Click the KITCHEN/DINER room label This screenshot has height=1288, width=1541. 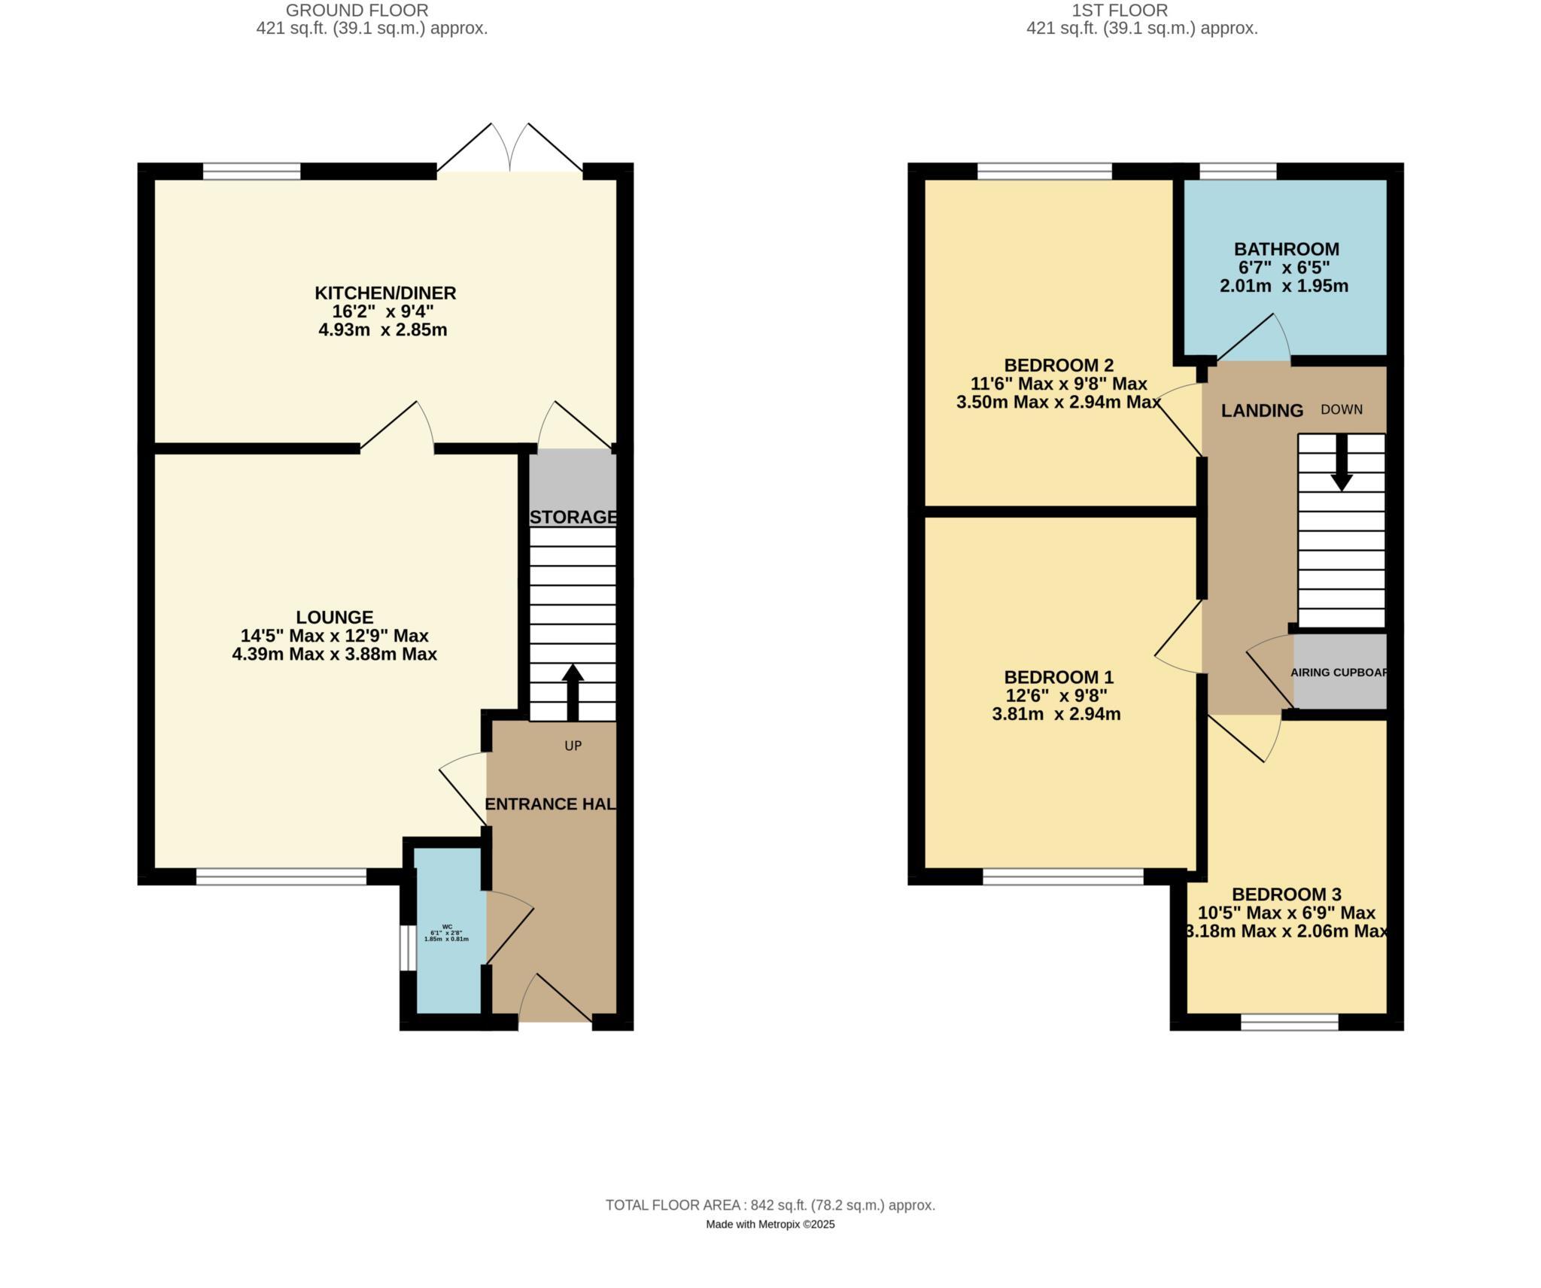point(384,293)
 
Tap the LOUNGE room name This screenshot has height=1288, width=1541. point(334,617)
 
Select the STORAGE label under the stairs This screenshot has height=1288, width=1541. point(573,517)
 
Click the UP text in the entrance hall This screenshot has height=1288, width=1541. point(573,746)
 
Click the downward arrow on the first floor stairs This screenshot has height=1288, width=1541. point(1342,463)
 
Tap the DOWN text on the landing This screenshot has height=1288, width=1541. point(1342,409)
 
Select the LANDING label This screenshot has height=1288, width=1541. point(1262,410)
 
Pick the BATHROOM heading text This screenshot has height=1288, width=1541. point(1286,249)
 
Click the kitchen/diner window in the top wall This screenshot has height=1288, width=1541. point(251,172)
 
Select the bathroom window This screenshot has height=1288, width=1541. point(1238,172)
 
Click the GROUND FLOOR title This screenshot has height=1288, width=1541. point(357,11)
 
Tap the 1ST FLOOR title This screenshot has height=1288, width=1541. point(1120,11)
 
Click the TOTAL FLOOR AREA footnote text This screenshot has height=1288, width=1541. point(770,1204)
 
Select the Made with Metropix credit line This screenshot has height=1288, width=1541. point(770,1224)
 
